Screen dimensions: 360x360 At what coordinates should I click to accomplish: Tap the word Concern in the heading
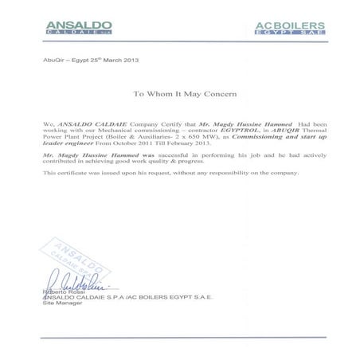(x=224, y=94)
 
